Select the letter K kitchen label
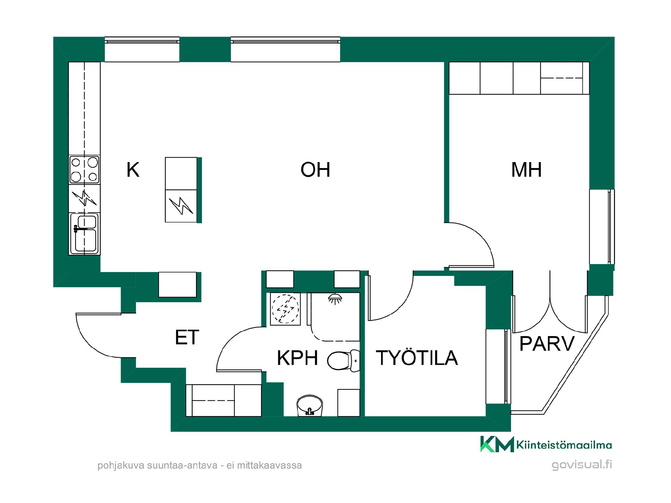133,170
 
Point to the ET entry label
187,337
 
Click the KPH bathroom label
297,358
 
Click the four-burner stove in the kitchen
84,170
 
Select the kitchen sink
84,233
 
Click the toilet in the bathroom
344,360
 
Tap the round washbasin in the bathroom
309,406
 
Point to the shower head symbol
335,298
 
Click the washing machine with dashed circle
285,309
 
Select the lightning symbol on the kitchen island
181,206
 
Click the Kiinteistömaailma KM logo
546,444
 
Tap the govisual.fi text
582,465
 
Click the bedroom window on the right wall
602,227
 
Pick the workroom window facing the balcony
498,366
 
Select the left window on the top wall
142,49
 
